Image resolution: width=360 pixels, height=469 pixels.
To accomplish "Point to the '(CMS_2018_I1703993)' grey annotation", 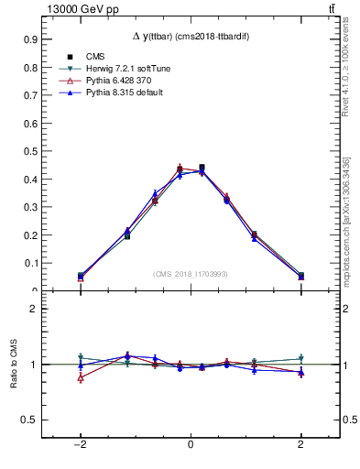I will pyautogui.click(x=190, y=274).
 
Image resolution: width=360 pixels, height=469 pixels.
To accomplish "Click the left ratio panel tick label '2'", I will pyautogui.click(x=34, y=310).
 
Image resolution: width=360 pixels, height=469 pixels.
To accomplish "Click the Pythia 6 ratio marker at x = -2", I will pyautogui.click(x=81, y=377).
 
